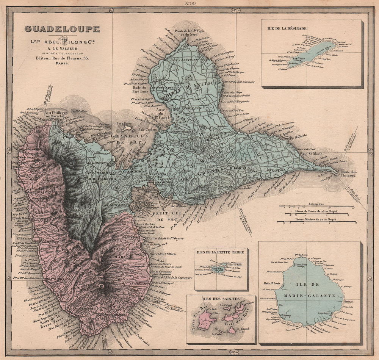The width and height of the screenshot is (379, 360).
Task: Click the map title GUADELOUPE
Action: [62, 29]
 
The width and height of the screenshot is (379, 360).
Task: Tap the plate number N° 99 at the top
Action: [189, 3]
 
